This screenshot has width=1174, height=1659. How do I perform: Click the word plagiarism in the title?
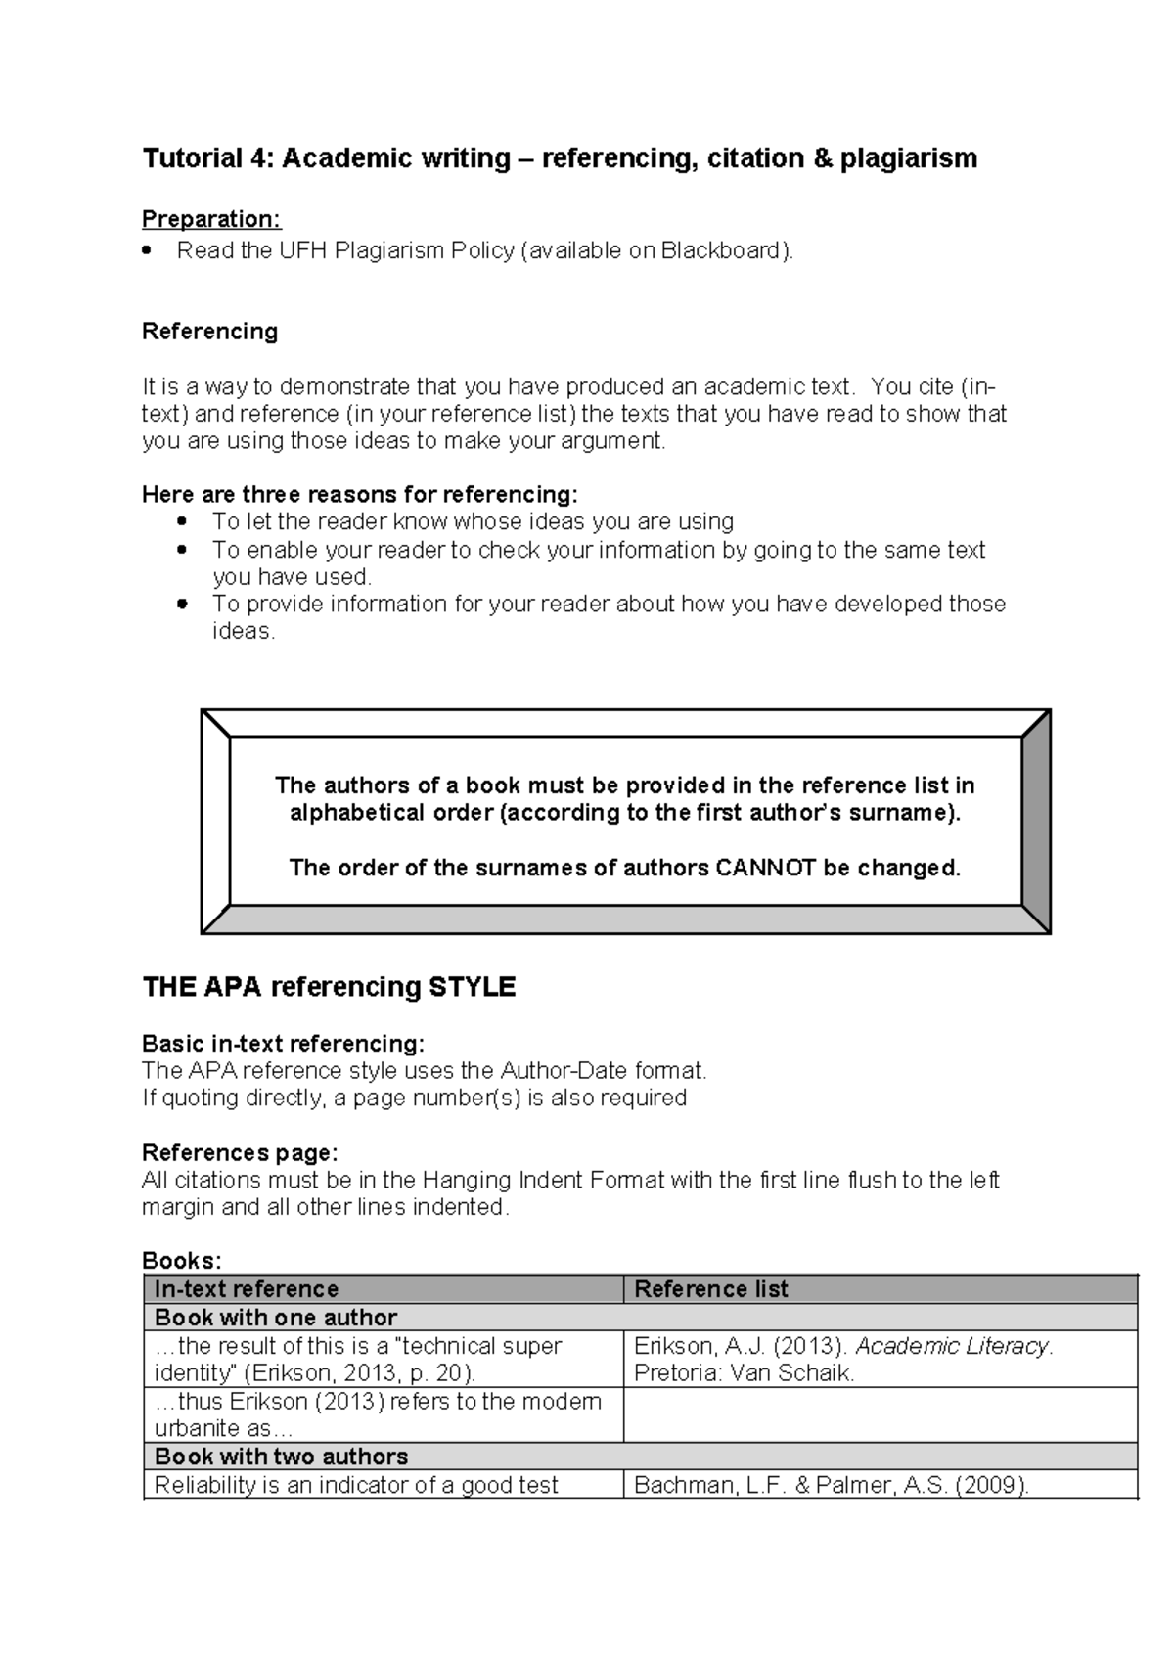(x=908, y=158)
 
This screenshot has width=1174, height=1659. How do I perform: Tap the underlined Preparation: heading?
(x=211, y=218)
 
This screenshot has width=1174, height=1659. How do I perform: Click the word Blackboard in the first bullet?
(x=723, y=251)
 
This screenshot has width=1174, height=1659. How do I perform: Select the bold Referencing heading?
(x=209, y=332)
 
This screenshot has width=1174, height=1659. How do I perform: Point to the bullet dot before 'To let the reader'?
(x=181, y=522)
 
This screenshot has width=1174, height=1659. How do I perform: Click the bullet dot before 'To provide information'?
(x=181, y=605)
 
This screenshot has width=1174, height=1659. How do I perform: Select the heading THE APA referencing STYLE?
(x=329, y=987)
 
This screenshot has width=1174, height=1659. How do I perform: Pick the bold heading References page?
(x=240, y=1152)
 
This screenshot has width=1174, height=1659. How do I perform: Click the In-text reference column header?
(x=247, y=1289)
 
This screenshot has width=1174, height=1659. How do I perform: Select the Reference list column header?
(x=711, y=1289)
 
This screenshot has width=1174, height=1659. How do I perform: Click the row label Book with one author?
(x=276, y=1318)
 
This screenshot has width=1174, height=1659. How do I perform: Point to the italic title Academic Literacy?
(x=952, y=1346)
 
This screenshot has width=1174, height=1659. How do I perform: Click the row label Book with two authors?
(x=282, y=1457)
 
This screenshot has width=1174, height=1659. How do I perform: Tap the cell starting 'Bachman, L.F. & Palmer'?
(x=832, y=1485)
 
